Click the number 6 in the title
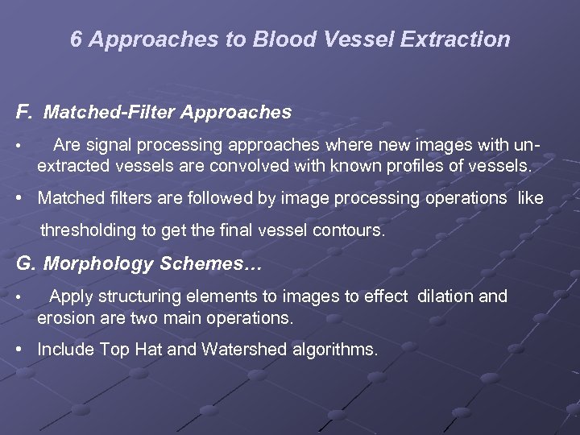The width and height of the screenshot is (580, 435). click(x=76, y=39)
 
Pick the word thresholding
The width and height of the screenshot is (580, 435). click(x=89, y=230)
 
